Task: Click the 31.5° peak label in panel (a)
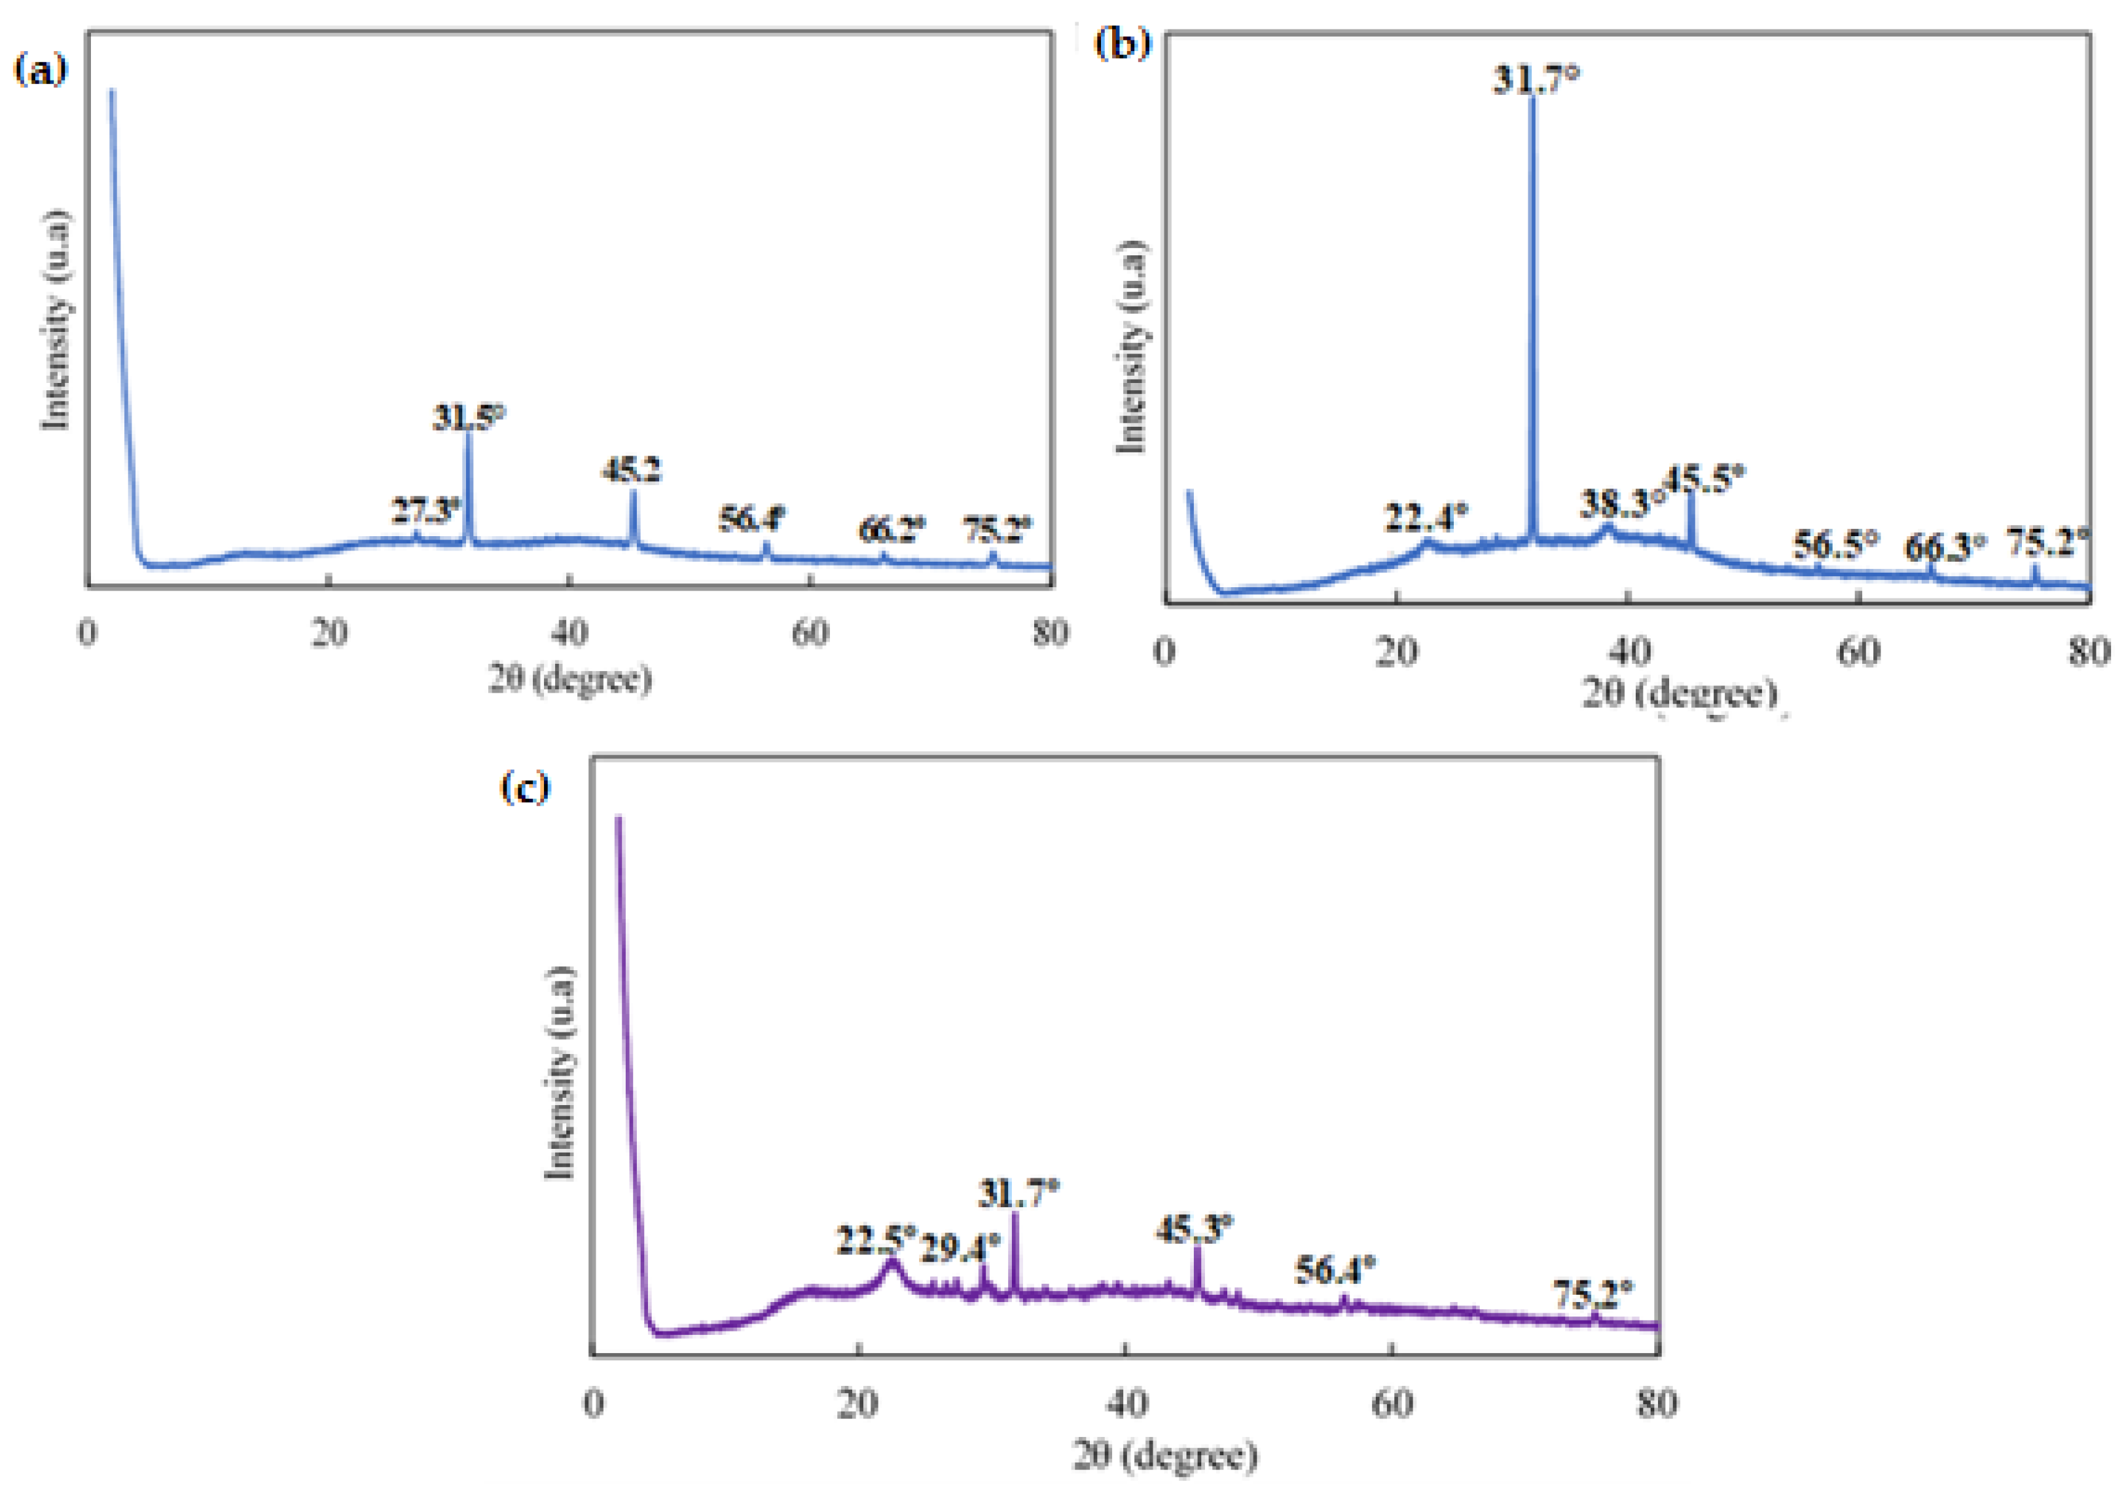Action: [x=469, y=418]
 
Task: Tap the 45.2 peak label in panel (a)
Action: [x=632, y=471]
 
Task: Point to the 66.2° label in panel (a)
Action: [x=892, y=530]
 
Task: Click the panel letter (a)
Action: [x=41, y=69]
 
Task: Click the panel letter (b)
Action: [x=1123, y=43]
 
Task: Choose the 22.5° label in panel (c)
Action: [x=876, y=1241]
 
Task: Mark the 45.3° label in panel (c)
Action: [x=1195, y=1229]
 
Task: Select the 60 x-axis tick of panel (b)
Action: [x=1858, y=653]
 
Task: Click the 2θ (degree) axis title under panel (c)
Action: [x=1166, y=1455]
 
